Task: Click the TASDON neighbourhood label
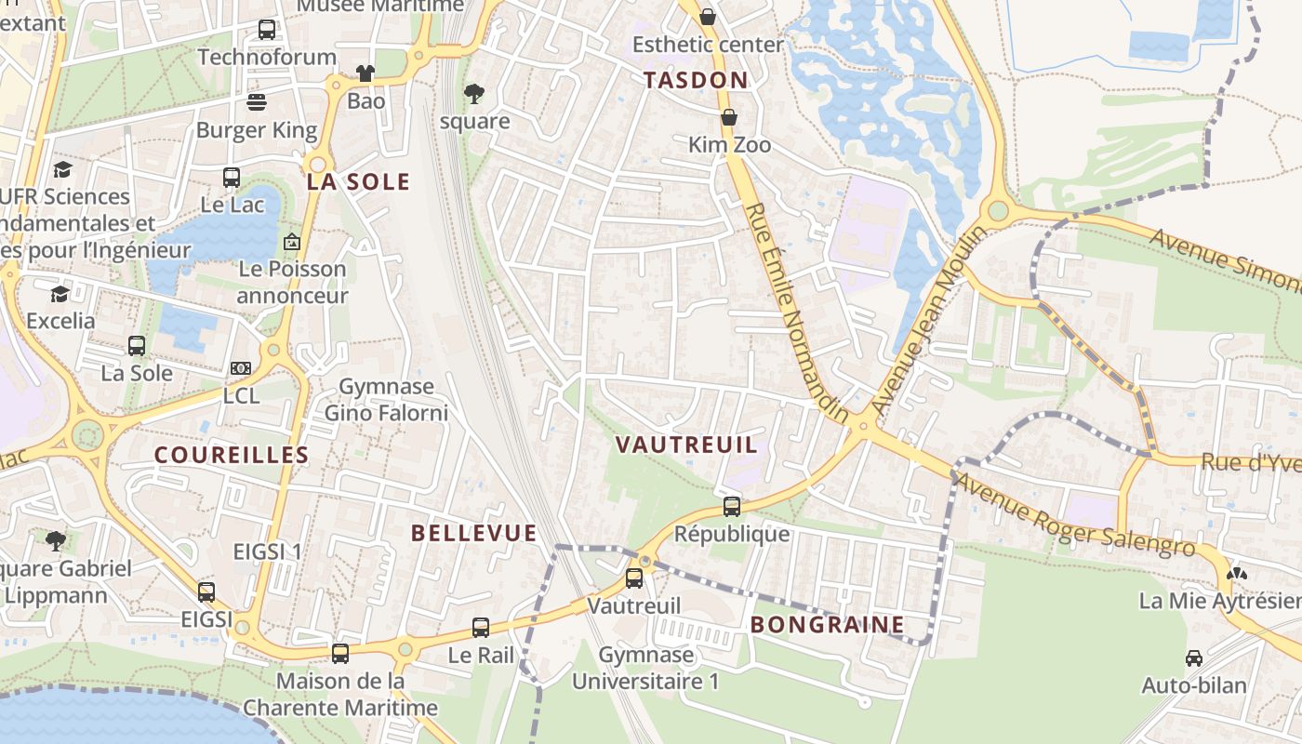tap(696, 80)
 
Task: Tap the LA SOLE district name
tap(358, 182)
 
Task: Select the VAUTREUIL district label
tap(687, 445)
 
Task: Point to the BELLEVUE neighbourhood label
tap(474, 533)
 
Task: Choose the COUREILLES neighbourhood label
tap(232, 455)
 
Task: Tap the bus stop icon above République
tap(732, 507)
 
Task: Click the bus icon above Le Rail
tap(481, 628)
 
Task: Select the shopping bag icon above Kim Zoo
tap(729, 118)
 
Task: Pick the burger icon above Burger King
tap(257, 102)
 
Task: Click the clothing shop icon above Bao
tap(365, 73)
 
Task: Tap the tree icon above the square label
tap(474, 93)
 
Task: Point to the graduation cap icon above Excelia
tap(60, 294)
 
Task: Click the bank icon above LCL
tap(241, 368)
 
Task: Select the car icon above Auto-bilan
tap(1193, 658)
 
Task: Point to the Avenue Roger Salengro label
tap(1074, 516)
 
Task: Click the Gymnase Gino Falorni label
tap(386, 399)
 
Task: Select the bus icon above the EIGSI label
tap(206, 591)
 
